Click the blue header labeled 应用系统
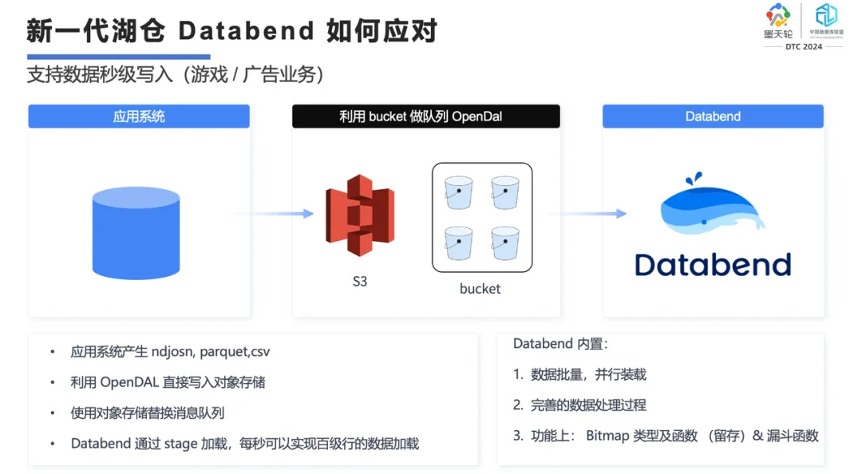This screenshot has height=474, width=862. (139, 117)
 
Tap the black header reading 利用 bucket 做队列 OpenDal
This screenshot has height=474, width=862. (425, 117)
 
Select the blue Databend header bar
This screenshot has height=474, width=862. (713, 117)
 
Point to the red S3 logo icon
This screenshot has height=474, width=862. (360, 215)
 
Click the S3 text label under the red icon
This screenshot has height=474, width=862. (360, 282)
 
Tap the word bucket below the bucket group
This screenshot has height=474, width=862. (480, 289)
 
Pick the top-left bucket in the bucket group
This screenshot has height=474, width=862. (459, 192)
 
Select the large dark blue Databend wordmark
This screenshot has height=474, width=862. (713, 264)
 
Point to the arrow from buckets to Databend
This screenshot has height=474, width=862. (587, 214)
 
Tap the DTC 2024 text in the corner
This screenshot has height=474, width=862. (803, 47)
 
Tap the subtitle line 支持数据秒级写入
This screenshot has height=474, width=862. (100, 75)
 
